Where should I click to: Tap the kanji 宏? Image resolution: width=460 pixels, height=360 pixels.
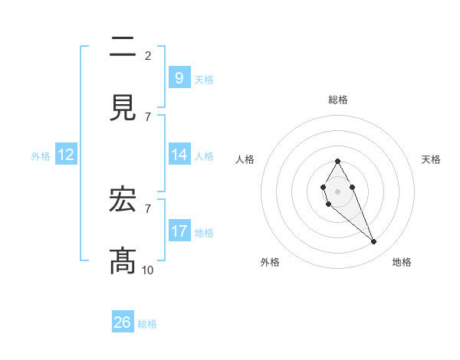[123, 201]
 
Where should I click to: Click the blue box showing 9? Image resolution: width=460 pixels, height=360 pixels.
[179, 77]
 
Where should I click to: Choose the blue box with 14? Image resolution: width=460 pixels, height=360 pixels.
[179, 155]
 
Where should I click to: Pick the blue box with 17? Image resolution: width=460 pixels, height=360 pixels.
[179, 231]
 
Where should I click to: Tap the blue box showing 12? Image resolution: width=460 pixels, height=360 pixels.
[66, 155]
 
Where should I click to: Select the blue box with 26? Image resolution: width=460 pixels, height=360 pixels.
[123, 322]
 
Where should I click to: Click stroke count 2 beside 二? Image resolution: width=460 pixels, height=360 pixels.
[147, 55]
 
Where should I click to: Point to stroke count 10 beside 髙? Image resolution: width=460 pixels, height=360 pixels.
[147, 270]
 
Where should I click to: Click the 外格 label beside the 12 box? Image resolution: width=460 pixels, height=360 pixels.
[41, 155]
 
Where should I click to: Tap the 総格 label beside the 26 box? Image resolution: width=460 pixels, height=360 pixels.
[147, 324]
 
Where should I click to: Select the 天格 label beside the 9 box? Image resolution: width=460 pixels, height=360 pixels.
[204, 79]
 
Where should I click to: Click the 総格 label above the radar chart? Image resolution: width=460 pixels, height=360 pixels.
[337, 100]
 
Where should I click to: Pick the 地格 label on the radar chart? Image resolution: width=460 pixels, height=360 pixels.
[402, 262]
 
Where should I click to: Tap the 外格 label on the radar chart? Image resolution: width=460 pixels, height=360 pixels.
[270, 262]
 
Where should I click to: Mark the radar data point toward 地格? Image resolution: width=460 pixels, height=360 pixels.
[374, 242]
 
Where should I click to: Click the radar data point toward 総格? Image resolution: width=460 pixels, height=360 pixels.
[337, 162]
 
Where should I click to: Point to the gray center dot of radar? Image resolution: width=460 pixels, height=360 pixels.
[337, 190]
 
